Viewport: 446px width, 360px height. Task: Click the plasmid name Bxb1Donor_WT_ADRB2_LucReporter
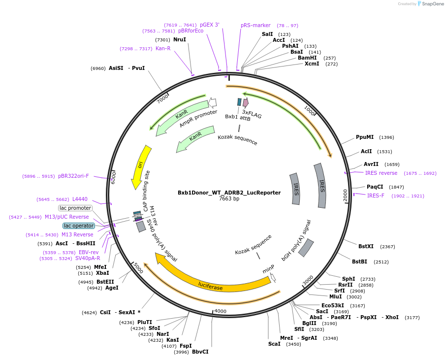point(229,193)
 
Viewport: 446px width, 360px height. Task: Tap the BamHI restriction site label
point(307,58)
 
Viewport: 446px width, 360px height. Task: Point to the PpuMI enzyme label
point(365,137)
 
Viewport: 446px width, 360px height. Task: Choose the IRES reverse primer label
point(381,173)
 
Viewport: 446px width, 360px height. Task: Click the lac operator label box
point(79,226)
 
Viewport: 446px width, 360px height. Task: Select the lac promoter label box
point(75,208)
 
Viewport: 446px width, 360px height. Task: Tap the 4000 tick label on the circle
point(220,311)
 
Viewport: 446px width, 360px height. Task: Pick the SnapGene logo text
point(431,4)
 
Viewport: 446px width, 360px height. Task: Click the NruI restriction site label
point(180,39)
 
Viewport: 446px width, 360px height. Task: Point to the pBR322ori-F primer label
point(73,176)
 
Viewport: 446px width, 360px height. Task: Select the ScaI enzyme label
point(274,344)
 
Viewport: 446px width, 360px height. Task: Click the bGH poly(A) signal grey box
point(306,247)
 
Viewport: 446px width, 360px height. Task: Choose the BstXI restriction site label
point(366,246)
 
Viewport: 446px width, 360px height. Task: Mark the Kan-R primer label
point(163,48)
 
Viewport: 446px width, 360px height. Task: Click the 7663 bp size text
point(229,199)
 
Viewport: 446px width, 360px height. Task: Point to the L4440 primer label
point(80,199)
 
